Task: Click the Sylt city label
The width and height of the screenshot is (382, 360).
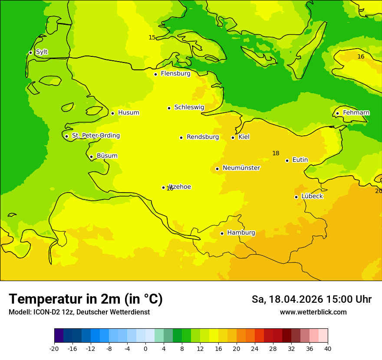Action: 42,52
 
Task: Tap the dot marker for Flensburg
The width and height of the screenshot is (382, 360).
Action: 155,74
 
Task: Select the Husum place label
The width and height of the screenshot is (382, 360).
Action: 128,113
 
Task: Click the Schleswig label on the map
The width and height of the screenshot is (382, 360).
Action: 189,107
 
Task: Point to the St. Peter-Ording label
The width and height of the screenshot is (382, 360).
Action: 95,136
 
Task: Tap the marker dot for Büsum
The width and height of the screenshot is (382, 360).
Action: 91,157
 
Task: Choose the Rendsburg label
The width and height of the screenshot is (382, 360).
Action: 203,137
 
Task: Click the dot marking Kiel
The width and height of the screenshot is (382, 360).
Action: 233,137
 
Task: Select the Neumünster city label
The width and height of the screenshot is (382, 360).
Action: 241,168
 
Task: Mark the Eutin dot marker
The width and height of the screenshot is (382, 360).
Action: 287,160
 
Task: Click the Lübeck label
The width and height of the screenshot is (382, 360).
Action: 312,196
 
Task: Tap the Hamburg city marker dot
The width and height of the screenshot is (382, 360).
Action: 222,233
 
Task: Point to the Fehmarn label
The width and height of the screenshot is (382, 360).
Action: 356,113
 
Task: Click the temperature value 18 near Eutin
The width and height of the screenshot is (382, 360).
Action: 276,153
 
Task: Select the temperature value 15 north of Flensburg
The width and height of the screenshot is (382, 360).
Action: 152,38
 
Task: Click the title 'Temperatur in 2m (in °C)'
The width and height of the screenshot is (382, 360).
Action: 86,299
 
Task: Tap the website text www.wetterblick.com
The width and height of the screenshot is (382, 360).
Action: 313,312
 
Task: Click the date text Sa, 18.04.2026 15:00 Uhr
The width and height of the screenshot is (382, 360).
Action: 311,299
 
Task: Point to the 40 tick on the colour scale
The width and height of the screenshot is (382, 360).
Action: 328,348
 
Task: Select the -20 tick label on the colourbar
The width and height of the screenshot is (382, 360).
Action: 54,348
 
